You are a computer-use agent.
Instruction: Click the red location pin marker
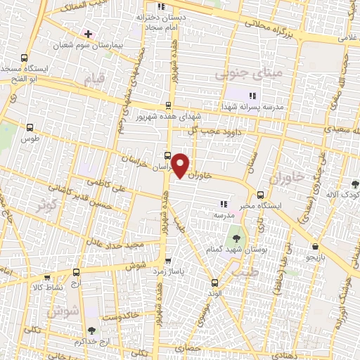click(181, 165)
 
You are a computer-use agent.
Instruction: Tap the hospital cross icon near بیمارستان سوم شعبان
click(87, 33)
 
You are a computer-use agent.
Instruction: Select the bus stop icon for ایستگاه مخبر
click(261, 195)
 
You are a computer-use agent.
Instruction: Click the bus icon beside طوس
click(29, 128)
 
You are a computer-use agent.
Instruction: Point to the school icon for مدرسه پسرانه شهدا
click(253, 96)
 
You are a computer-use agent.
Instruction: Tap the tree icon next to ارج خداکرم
click(91, 330)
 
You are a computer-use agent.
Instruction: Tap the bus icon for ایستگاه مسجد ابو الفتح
click(25, 58)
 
